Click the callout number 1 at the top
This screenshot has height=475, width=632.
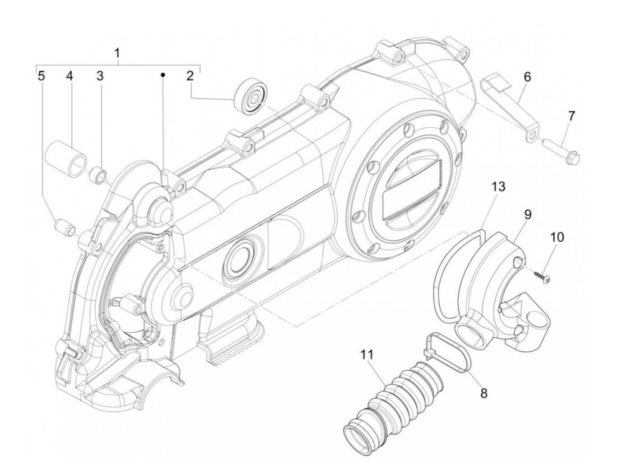pos(117,54)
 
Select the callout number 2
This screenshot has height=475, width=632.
pos(190,76)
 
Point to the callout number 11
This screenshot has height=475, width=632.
pos(367,354)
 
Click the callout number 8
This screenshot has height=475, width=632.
pos(484,393)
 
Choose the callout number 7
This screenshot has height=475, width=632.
pos(572,116)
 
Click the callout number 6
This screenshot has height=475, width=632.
pos(527,77)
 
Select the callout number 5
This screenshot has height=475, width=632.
pos(41,76)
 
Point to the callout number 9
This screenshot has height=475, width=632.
pos(527,214)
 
